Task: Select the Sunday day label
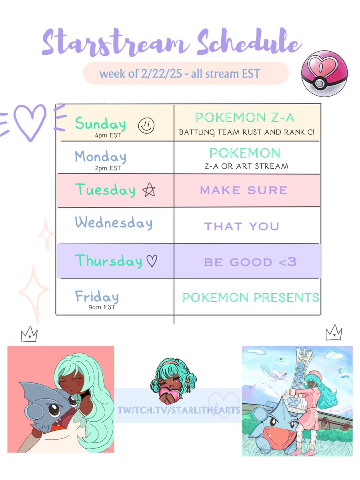[x=100, y=124]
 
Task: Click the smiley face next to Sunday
[x=145, y=126]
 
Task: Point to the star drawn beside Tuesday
[x=148, y=190]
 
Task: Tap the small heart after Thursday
[x=152, y=261]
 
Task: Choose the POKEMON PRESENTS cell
[x=250, y=297]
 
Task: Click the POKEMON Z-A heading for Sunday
[x=245, y=118]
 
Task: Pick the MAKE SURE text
[x=244, y=190]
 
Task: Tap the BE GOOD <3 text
[x=250, y=262]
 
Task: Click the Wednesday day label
[x=114, y=222]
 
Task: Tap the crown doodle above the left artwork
[x=29, y=334]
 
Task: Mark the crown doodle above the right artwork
[x=334, y=332]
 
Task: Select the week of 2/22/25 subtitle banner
[x=186, y=74]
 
